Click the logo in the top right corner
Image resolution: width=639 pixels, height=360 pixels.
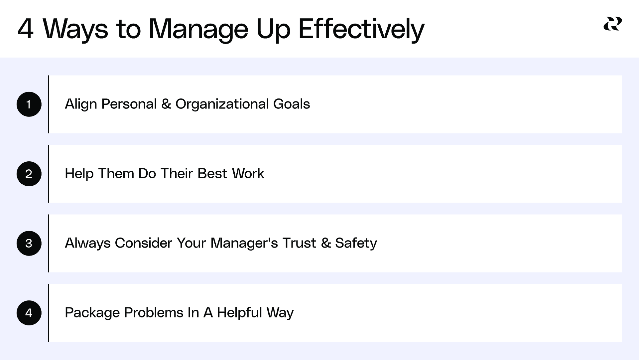point(612,24)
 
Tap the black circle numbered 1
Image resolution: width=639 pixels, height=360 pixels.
point(29,104)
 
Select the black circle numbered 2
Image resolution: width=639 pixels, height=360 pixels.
point(29,174)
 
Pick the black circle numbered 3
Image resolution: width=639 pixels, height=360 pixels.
point(29,243)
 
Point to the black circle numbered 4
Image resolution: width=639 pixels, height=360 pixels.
point(29,313)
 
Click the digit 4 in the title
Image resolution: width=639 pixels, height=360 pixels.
point(26,29)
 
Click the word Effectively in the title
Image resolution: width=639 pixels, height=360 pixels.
point(361,29)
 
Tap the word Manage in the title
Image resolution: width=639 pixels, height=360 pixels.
point(198,29)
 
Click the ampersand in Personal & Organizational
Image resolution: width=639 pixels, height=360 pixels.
point(166,104)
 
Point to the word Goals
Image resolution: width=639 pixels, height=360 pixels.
point(292,104)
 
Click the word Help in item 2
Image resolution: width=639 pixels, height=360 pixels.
point(79,174)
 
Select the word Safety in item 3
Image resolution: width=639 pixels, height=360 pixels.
point(356,243)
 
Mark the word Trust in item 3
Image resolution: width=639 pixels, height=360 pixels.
point(299,243)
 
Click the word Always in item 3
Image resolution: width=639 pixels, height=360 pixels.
point(87,243)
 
